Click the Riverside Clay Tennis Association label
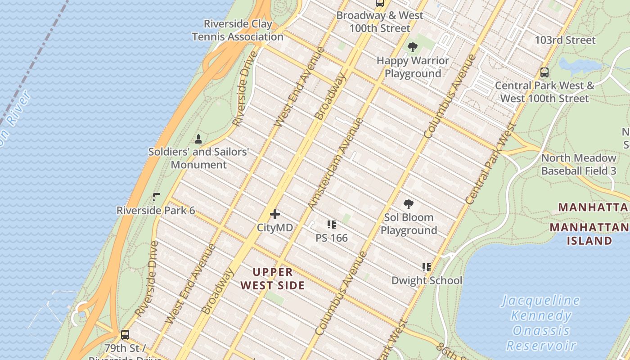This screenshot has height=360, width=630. pos(238,30)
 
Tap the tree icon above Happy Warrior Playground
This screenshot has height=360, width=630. pos(412,47)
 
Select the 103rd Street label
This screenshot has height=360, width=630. pos(565,40)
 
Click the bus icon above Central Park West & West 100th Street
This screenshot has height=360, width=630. pos(544,72)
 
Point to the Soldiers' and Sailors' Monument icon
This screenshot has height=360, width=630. pos(198,139)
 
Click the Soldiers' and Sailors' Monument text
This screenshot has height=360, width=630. pos(198,158)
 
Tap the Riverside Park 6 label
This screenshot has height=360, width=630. pos(156,211)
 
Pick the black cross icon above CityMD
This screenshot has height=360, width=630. pos(275,214)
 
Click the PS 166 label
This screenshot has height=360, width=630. pos(332,238)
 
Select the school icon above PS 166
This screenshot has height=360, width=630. pos(332,224)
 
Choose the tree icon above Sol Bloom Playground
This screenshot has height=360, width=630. pos(409,204)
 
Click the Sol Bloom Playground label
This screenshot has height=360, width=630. pos(409,224)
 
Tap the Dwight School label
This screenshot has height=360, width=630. pos(427,280)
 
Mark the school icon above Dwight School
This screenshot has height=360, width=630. pos(427,267)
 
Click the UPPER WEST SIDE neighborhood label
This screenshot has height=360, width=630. pos(273,279)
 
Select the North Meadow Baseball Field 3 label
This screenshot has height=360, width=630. pos(579,164)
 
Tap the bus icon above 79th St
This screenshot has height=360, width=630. pos(125,335)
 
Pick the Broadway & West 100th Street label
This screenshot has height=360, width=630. pos(380,22)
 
